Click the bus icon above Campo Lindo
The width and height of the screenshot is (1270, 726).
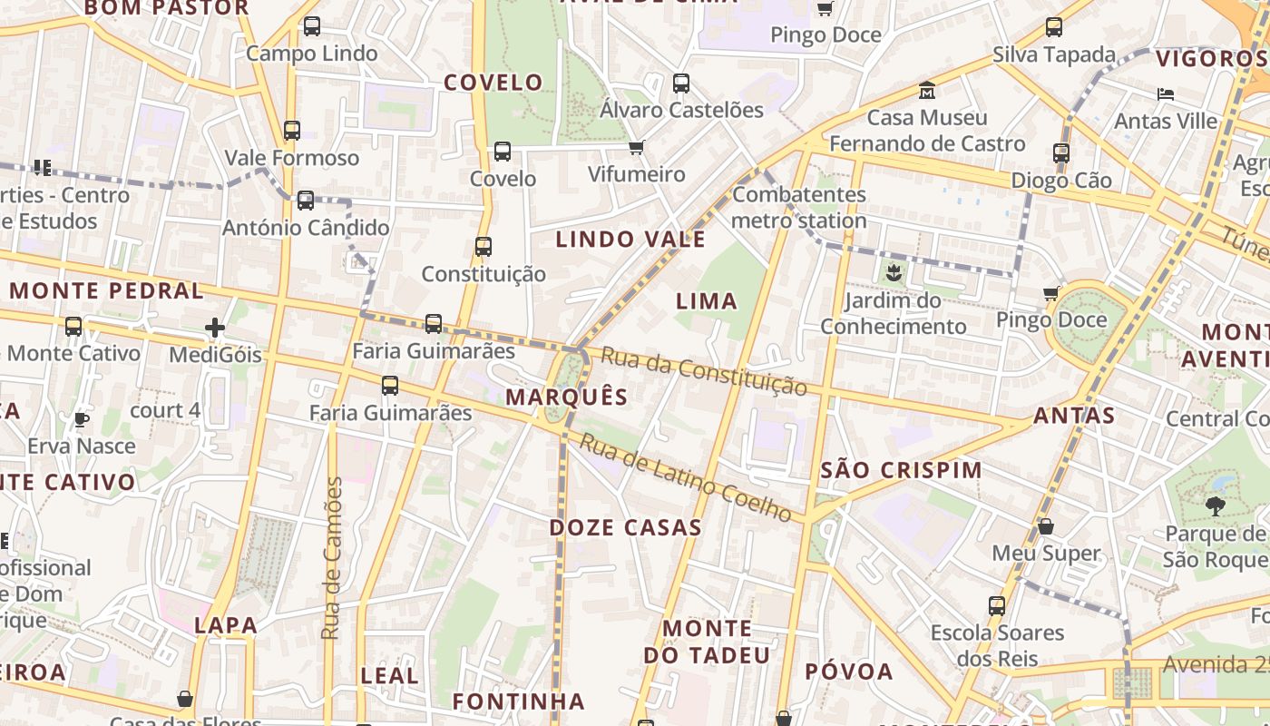[x=312, y=26]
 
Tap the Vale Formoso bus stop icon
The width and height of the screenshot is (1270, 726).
[x=291, y=131]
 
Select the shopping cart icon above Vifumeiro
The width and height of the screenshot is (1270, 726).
[x=637, y=147]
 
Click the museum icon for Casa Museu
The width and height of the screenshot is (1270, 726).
[x=927, y=91]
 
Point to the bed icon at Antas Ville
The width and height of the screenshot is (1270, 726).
[x=1167, y=93]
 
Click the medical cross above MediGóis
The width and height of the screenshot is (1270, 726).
[x=215, y=327]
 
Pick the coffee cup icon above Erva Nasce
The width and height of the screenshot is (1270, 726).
[x=81, y=418]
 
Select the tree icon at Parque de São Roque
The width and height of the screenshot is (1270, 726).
[x=1216, y=505]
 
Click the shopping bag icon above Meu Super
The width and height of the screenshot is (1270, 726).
[x=1046, y=526]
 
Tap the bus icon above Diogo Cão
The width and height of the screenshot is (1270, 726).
[x=1061, y=153]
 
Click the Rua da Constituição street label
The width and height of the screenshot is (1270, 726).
[x=703, y=371]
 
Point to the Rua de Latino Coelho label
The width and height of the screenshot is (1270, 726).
[x=685, y=477]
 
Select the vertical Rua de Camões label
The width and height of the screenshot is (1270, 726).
[x=333, y=557]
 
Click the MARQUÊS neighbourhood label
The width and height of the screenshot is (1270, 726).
[x=567, y=397]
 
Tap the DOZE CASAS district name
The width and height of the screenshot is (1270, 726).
[x=626, y=527]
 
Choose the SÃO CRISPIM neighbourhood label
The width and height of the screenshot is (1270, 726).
[x=901, y=470]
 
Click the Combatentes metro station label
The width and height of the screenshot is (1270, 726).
[x=799, y=207]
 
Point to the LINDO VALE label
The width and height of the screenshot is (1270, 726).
[x=630, y=240]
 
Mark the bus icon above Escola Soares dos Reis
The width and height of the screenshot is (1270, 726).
[x=997, y=605]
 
